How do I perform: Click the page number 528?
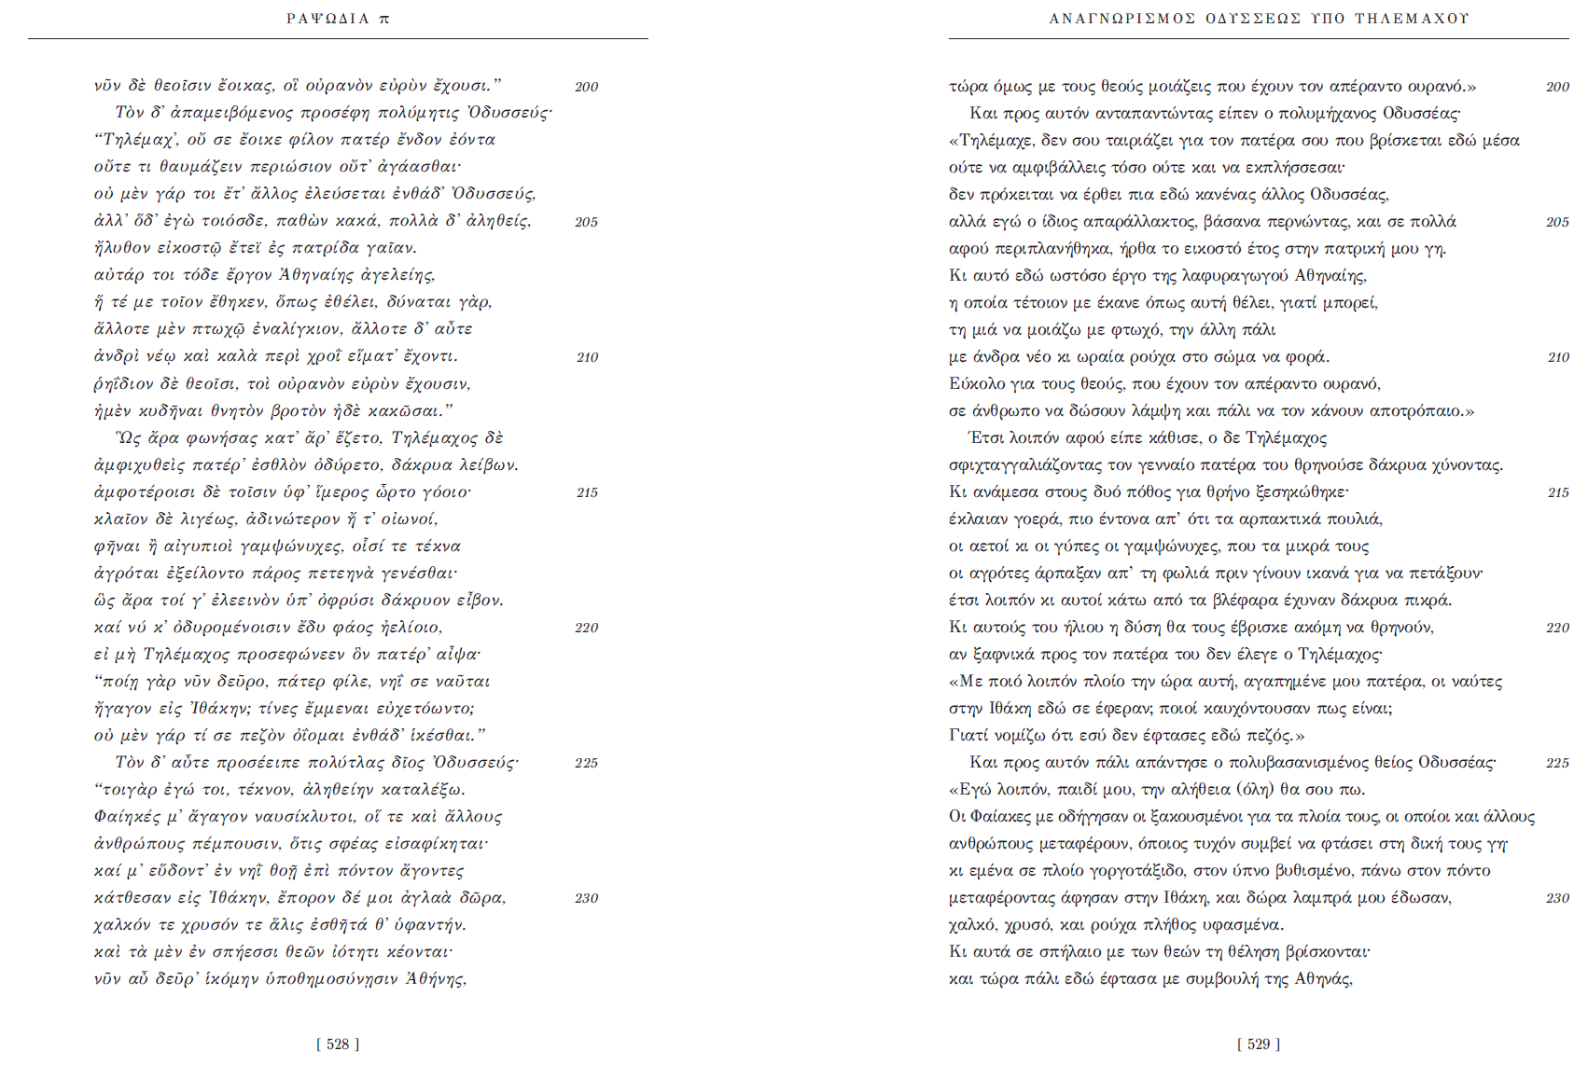coord(338,1044)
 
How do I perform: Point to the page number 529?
coord(1259,1044)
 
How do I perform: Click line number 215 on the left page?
coord(587,492)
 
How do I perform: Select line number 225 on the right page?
coord(1557,763)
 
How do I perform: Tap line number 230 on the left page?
coord(587,898)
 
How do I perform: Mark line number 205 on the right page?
coord(1557,222)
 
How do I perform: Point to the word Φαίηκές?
coord(127,817)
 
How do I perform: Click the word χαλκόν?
coord(121,925)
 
